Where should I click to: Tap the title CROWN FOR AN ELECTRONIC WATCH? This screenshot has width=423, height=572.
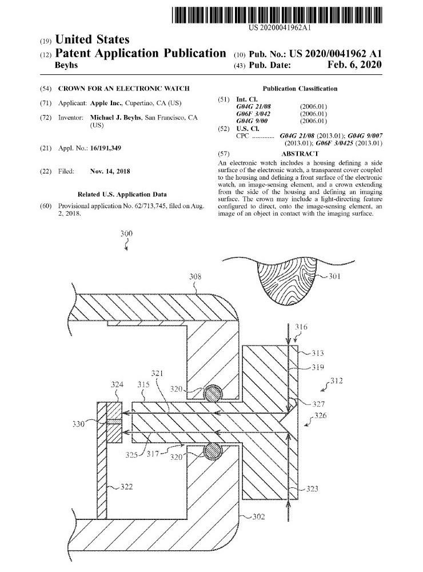pos(124,89)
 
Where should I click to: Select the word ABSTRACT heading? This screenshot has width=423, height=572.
pos(300,154)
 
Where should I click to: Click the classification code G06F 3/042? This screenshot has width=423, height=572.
pos(254,114)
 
